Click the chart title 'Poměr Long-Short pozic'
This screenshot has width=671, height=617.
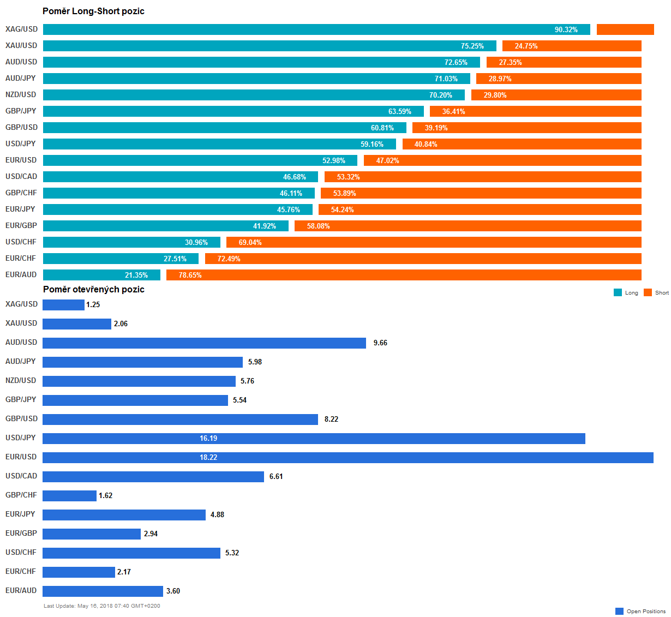(93, 11)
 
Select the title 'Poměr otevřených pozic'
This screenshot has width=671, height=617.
(93, 290)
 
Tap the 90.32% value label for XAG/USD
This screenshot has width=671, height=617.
(566, 29)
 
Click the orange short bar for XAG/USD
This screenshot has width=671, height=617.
(625, 29)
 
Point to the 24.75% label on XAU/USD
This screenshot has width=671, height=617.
(526, 46)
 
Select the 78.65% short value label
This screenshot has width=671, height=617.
(190, 275)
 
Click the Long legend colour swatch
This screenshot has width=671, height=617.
(618, 292)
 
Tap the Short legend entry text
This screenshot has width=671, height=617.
(662, 293)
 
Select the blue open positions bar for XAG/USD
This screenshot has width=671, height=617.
(63, 305)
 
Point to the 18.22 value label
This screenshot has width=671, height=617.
(208, 458)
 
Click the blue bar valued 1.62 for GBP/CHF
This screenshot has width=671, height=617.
(69, 496)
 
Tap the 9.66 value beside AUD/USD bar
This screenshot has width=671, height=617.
(380, 343)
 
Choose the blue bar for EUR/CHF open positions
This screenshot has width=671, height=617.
(79, 572)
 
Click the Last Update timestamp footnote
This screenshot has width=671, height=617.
(102, 606)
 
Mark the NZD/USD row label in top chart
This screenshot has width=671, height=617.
(21, 95)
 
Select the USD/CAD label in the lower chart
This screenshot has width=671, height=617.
(21, 476)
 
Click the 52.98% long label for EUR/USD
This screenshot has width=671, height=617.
(334, 160)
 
